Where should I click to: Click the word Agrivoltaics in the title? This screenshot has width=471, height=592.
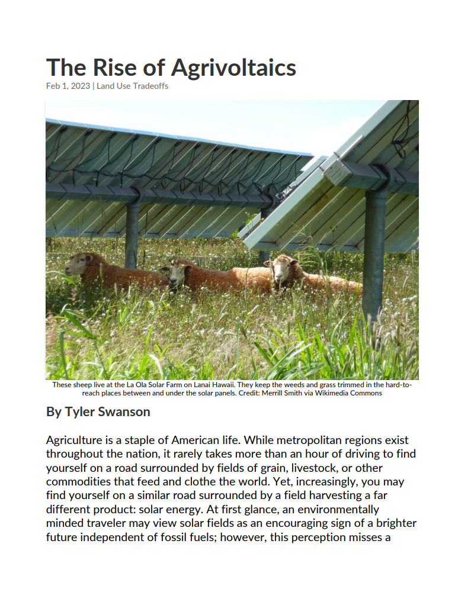click(x=233, y=69)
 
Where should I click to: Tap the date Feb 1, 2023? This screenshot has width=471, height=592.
click(x=68, y=86)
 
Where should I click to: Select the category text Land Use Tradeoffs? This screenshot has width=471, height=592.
click(x=133, y=86)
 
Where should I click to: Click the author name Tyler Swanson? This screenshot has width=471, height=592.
click(x=108, y=411)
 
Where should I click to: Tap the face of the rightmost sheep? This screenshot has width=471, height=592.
click(x=281, y=269)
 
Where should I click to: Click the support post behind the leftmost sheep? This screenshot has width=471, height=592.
click(x=132, y=234)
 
